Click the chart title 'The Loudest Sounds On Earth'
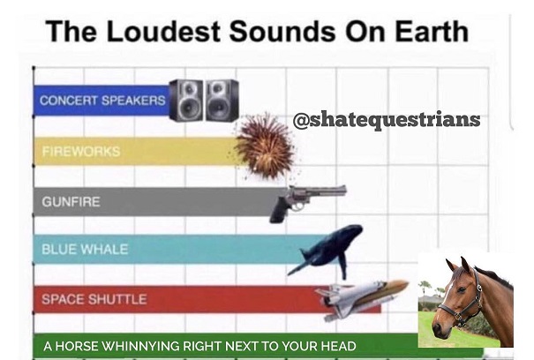257,32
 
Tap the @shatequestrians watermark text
387,119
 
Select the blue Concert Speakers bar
102,101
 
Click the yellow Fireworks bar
136,151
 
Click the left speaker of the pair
186,100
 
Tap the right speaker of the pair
222,100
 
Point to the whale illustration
325,251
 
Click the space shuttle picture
361,298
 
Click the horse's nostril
437,328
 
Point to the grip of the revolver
279,211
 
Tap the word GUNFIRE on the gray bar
71,202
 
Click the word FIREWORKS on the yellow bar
81,151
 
